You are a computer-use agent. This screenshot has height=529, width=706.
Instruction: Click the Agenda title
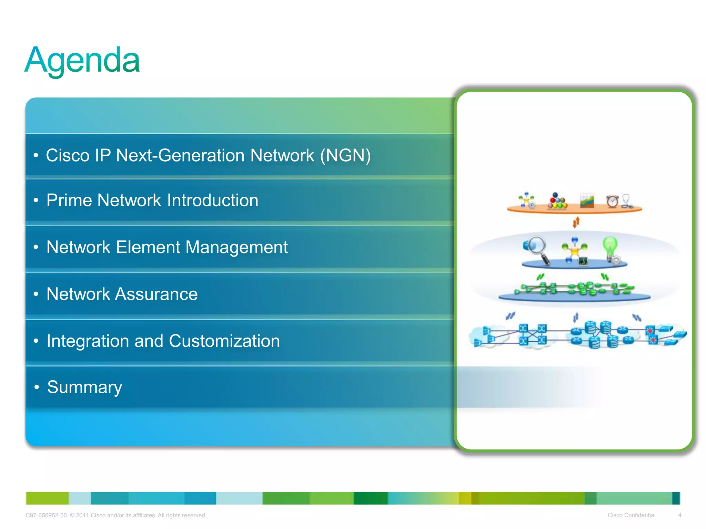[x=82, y=61]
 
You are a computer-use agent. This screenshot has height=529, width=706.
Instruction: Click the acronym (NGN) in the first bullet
[x=345, y=155]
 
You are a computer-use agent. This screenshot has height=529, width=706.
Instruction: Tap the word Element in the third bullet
[x=148, y=247]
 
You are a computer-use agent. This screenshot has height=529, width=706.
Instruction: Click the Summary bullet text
[x=84, y=387]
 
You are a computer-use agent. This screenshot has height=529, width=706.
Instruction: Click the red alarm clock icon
[x=612, y=201]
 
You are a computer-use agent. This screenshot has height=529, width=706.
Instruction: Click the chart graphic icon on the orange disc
[x=587, y=200]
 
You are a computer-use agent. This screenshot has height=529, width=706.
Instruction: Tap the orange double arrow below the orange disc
[x=576, y=222]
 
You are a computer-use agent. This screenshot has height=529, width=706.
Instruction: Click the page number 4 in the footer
[x=679, y=515]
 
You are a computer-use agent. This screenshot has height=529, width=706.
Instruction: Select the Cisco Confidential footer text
[x=631, y=515]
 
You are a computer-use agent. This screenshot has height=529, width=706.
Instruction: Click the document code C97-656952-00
[x=46, y=515]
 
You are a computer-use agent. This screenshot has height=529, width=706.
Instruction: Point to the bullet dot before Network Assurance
[x=36, y=294]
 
